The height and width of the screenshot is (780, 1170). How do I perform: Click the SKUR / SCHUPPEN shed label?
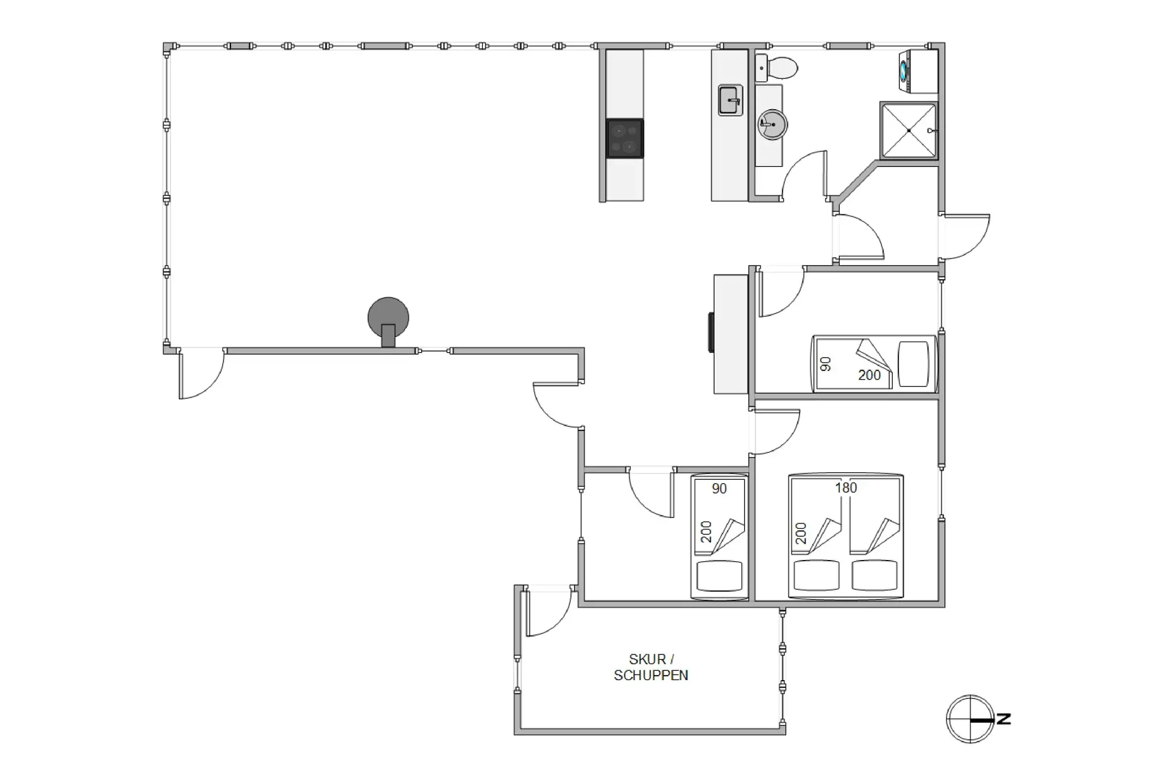tap(651, 667)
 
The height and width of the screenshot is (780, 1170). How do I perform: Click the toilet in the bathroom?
tap(777, 68)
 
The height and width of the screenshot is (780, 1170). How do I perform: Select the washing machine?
tap(918, 72)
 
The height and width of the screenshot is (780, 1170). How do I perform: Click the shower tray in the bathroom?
tap(908, 130)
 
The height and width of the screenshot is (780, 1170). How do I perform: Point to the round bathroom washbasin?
tap(772, 124)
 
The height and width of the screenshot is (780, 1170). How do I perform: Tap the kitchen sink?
tap(730, 101)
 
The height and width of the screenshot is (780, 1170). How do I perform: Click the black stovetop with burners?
tap(625, 138)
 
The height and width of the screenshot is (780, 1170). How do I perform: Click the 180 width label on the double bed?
tap(846, 487)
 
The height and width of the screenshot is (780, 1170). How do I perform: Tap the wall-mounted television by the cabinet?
tap(711, 332)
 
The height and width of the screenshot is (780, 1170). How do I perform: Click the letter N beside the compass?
tap(1003, 719)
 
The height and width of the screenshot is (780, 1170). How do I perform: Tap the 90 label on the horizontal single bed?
tap(826, 364)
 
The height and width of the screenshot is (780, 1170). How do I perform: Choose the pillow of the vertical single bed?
tap(719, 576)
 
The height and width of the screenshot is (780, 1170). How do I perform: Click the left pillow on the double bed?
tap(817, 575)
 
